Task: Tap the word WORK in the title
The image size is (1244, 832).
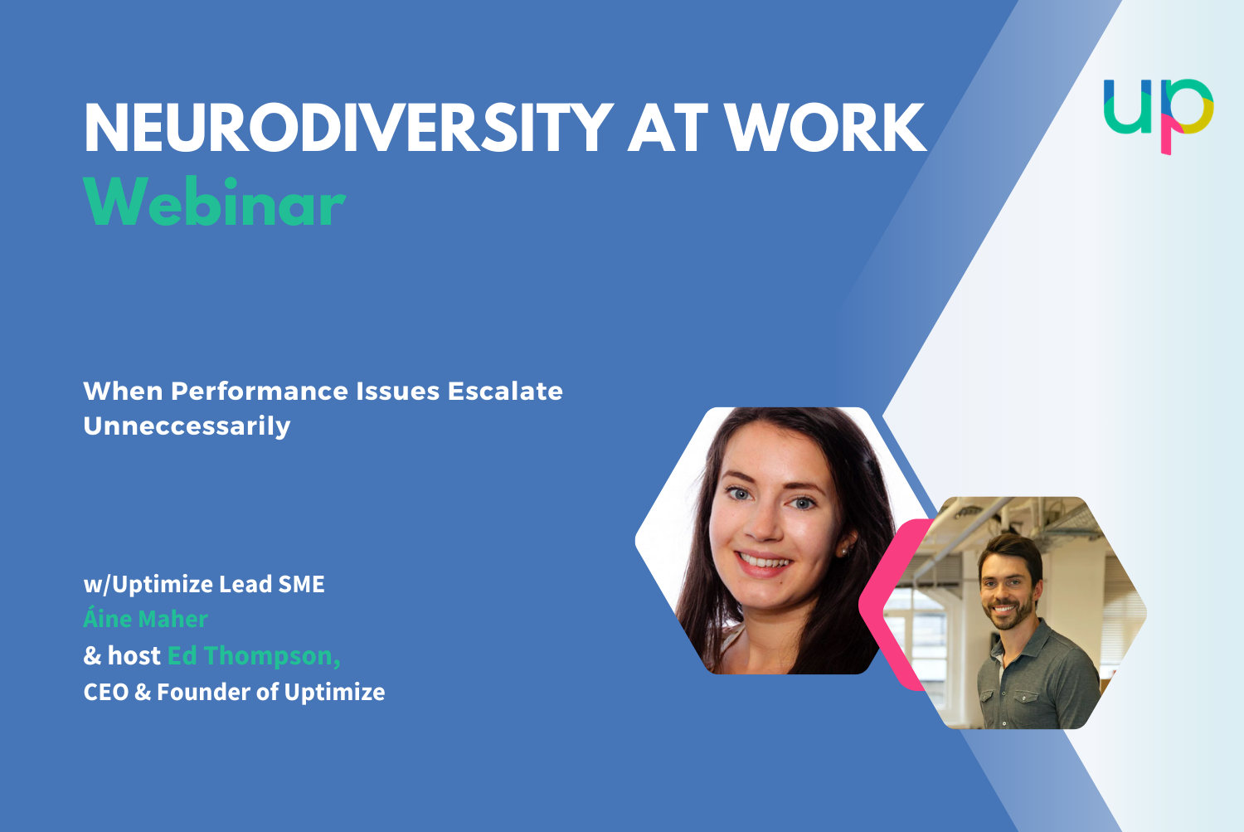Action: (x=825, y=129)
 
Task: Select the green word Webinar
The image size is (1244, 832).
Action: (x=214, y=202)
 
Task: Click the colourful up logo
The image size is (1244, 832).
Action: (x=1159, y=114)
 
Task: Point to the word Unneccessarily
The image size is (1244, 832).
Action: (x=187, y=426)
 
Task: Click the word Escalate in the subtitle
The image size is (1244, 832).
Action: (x=505, y=391)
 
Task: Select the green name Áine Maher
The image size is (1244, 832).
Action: (x=145, y=619)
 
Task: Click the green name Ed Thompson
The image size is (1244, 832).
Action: (x=253, y=655)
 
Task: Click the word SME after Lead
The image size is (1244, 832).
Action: (x=301, y=584)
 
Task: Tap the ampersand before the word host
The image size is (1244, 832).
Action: (x=92, y=656)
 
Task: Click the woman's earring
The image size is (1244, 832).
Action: (x=843, y=551)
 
